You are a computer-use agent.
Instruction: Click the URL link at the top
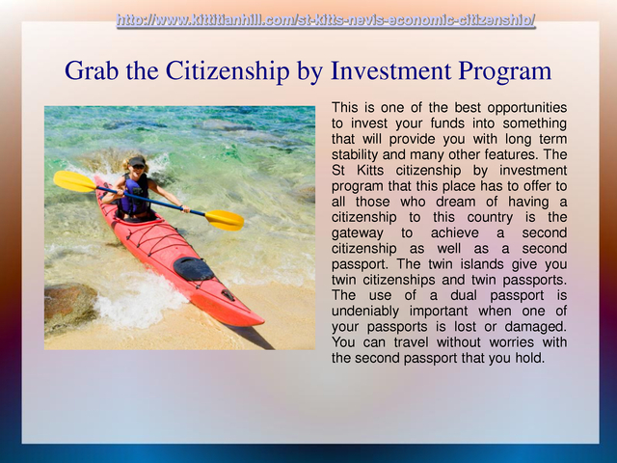(326, 19)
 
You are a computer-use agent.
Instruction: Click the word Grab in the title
(92, 70)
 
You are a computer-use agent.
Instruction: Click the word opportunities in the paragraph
(527, 108)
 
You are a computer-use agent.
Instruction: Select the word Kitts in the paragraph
(370, 170)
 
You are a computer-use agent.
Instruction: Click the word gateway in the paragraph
(357, 233)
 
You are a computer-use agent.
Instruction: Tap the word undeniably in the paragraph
(364, 311)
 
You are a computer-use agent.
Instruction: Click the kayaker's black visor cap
(137, 161)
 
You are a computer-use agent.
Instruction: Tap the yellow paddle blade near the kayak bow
(225, 220)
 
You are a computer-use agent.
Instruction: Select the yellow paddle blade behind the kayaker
(75, 181)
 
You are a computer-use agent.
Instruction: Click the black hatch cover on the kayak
(194, 269)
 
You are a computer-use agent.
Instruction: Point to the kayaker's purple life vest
(135, 195)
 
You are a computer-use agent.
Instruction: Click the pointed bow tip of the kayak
(263, 322)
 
